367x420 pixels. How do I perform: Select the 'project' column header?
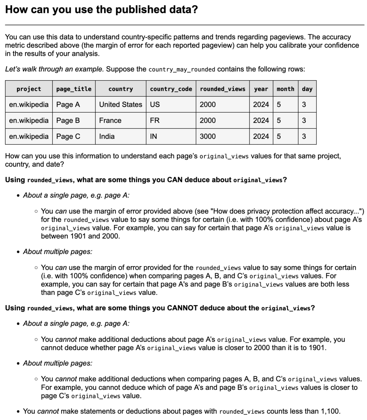tap(29, 89)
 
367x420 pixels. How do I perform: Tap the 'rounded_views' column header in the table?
tap(222, 89)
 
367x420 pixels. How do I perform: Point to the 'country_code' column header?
tap(171, 89)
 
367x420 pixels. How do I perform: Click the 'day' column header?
tap(307, 89)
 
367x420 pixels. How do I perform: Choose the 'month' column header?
tap(285, 89)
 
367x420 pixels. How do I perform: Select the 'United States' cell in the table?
tap(120, 105)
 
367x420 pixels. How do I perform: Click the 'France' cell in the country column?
tap(110, 120)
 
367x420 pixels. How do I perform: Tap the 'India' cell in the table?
tap(107, 137)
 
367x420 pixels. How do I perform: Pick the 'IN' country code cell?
tap(153, 137)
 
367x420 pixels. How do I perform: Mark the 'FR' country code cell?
tap(155, 120)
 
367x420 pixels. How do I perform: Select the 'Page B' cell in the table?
tap(68, 120)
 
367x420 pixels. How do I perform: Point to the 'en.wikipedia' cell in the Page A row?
tap(29, 105)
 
